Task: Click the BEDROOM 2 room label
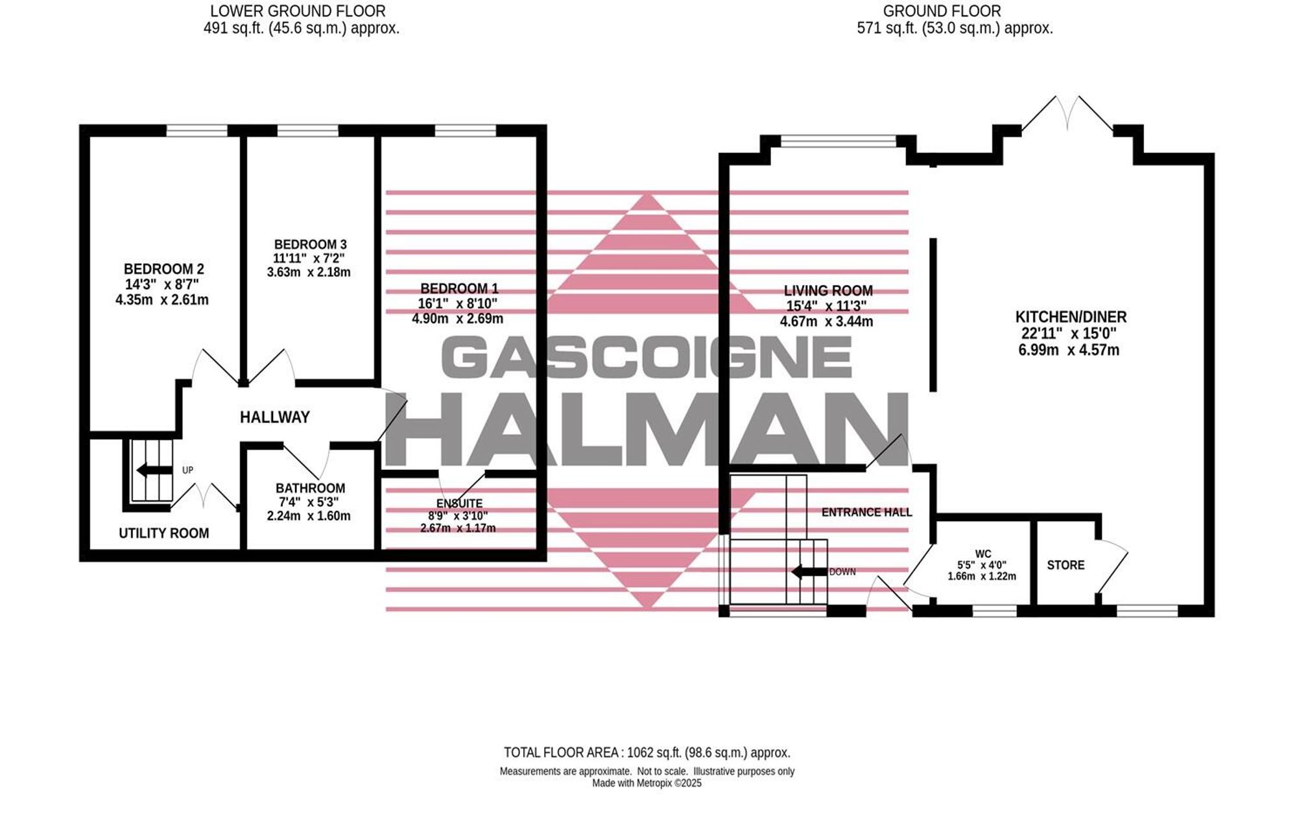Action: [x=163, y=269]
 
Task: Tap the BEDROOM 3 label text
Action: [x=310, y=244]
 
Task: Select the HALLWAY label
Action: [x=275, y=417]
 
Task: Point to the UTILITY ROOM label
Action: [x=163, y=533]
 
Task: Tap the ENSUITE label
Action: [x=459, y=504]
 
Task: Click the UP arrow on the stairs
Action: [x=154, y=470]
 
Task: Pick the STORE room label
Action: [x=1065, y=565]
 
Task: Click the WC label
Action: [x=983, y=554]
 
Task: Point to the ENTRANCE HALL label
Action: [x=866, y=513]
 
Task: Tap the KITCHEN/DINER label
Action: [x=1071, y=317]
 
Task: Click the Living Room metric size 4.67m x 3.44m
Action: [x=826, y=321]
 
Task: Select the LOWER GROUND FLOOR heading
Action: [x=298, y=11]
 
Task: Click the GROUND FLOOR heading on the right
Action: [x=942, y=11]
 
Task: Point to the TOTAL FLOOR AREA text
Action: [x=647, y=753]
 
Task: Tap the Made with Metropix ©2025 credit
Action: [x=647, y=783]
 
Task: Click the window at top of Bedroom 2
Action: [x=196, y=131]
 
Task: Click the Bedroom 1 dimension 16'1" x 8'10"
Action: [x=458, y=303]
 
